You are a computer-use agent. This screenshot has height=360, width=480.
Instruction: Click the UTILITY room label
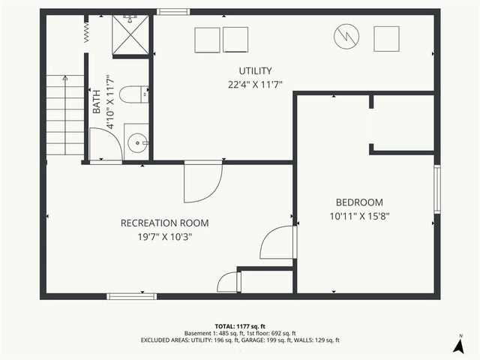click(255, 71)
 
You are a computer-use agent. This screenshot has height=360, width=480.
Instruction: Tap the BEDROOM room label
click(358, 202)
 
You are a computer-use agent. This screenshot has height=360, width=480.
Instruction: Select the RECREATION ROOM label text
click(164, 223)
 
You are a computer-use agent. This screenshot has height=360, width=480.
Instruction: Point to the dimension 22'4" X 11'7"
click(255, 84)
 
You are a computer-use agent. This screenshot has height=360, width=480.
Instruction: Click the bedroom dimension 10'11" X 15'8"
click(358, 216)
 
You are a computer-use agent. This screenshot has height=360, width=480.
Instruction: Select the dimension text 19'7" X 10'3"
click(164, 236)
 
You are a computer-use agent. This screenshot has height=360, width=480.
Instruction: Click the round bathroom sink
click(136, 142)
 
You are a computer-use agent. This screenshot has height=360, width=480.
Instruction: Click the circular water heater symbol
click(346, 37)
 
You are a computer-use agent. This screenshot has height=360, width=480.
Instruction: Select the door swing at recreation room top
click(202, 182)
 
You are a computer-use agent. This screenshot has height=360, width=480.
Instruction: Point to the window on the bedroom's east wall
click(436, 189)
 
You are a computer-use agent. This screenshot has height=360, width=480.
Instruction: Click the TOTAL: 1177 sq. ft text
click(239, 326)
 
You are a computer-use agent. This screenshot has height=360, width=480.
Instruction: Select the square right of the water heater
click(387, 37)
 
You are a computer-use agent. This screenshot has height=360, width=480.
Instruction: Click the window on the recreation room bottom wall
click(132, 296)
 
